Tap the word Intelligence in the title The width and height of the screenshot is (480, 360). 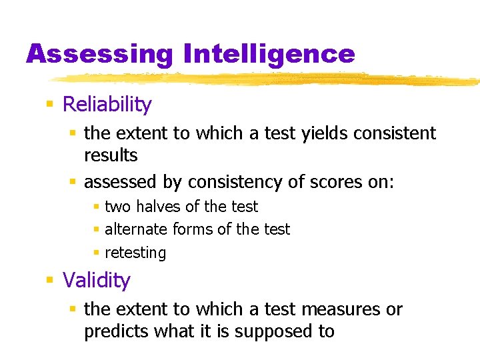[269, 54]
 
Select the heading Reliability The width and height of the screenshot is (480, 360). [107, 105]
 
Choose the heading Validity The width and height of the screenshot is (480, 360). [96, 280]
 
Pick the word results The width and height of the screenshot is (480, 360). [111, 155]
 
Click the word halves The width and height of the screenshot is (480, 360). [157, 207]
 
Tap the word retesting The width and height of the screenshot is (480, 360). [135, 253]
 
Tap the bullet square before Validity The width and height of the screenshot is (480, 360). [49, 281]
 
